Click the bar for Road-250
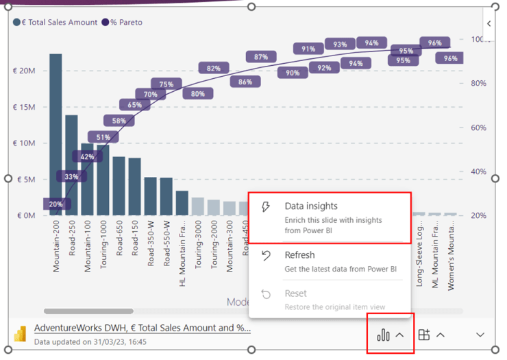point(71,165)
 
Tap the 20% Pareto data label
point(55,204)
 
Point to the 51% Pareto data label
point(103,137)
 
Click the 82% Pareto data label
point(214,68)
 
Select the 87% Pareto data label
point(261,57)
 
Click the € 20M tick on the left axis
point(25,71)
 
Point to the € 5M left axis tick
point(26,179)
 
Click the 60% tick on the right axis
point(478,128)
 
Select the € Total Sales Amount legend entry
point(55,22)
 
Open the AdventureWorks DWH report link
point(142,328)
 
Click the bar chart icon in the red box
point(383,335)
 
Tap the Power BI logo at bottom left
point(20,334)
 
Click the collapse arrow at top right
point(489,23)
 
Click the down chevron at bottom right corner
point(480,335)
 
